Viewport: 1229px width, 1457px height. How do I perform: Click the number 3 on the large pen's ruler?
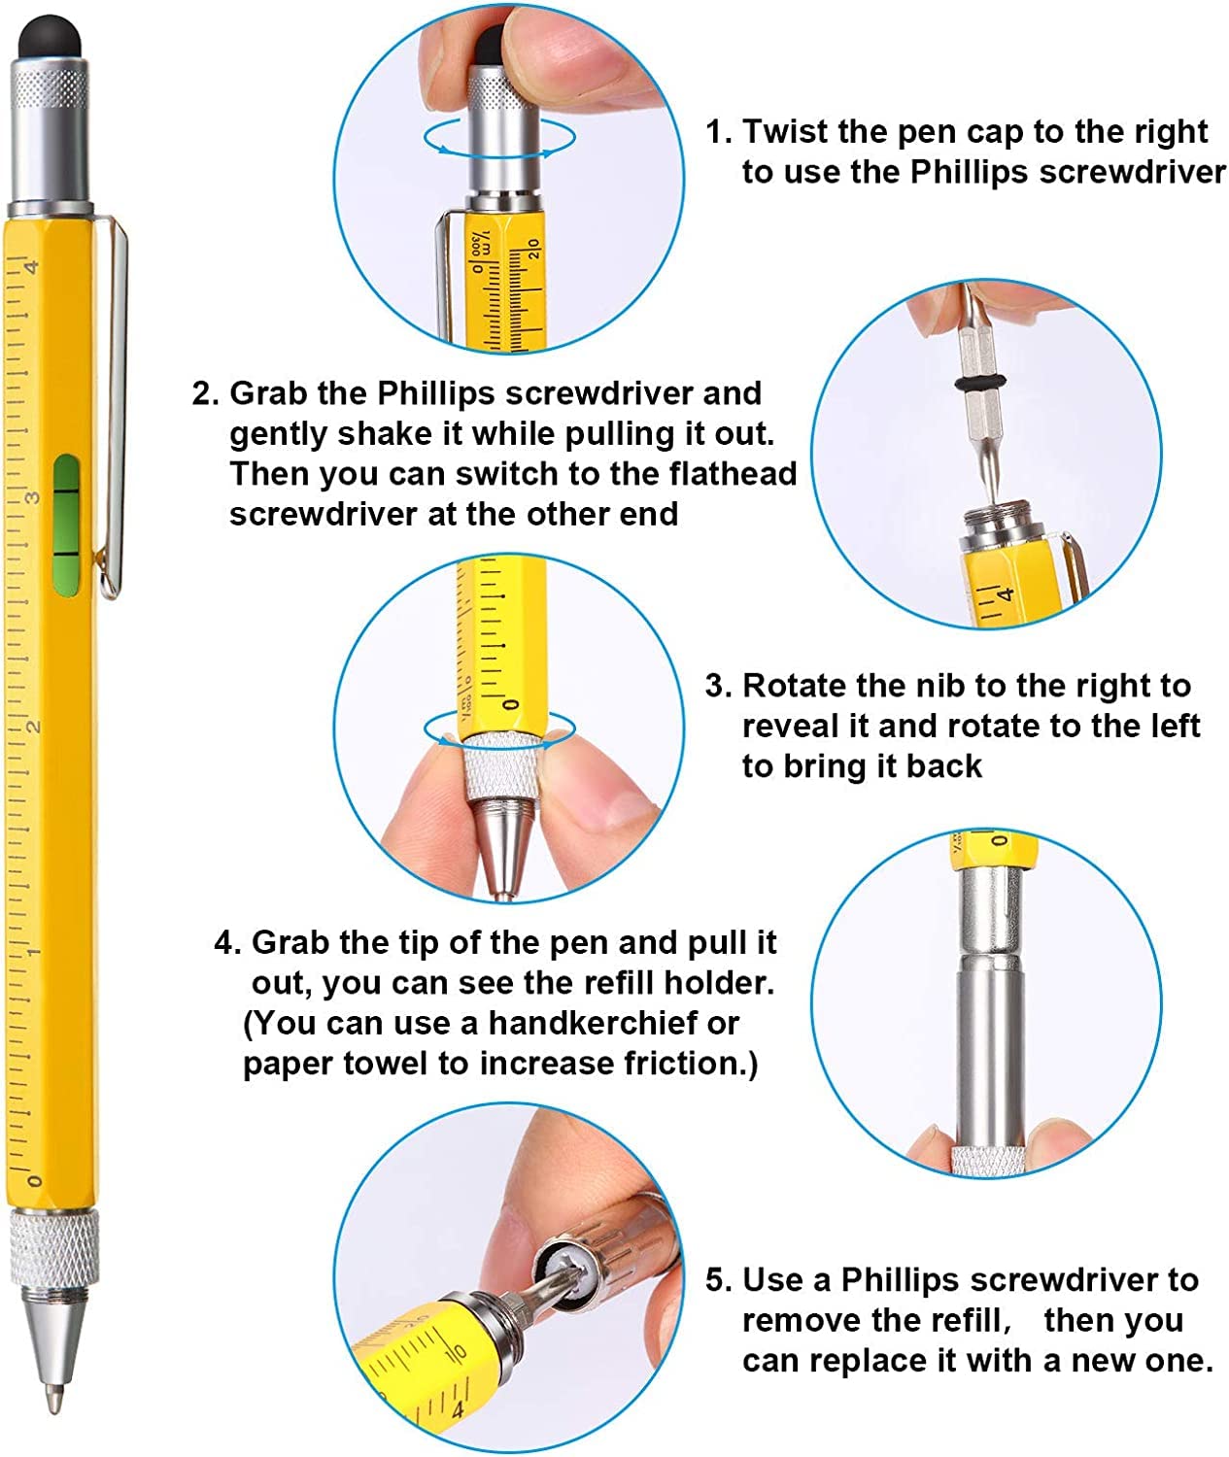[33, 497]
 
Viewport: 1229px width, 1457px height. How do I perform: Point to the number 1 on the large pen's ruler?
[33, 952]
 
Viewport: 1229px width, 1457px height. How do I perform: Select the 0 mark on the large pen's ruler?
[34, 1180]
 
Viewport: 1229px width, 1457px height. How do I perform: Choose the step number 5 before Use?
[716, 1280]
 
